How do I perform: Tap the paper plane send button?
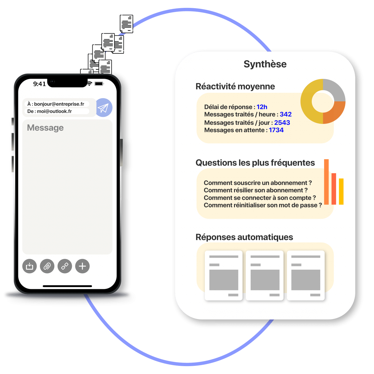click(x=104, y=108)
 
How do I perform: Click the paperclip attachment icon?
click(x=47, y=266)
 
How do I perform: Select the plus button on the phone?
click(x=82, y=266)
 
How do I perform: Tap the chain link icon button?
click(x=65, y=266)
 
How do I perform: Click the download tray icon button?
click(x=30, y=266)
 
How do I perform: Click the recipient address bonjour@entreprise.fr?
click(x=59, y=104)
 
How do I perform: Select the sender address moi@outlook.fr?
click(x=54, y=111)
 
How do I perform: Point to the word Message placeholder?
click(x=45, y=128)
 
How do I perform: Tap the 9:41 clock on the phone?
click(x=39, y=84)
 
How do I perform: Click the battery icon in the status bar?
click(x=99, y=84)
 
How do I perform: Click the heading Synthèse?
click(x=265, y=64)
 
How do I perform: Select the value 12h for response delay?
click(x=262, y=107)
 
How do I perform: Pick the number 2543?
click(x=282, y=123)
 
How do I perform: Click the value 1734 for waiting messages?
click(x=276, y=130)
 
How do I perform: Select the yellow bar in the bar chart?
click(x=341, y=191)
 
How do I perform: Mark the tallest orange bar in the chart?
click(x=326, y=182)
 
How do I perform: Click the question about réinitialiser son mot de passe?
click(x=263, y=205)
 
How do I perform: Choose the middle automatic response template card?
click(x=265, y=275)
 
